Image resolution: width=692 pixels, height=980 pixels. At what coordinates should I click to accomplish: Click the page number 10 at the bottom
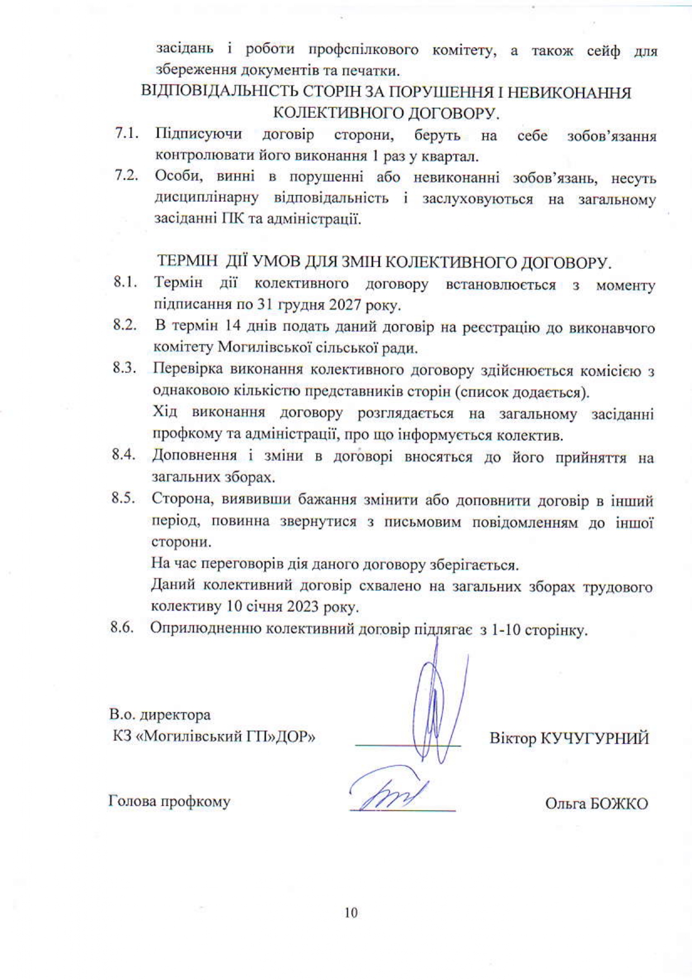pos(351,912)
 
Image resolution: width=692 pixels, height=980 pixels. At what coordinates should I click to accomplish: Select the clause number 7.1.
pos(126,134)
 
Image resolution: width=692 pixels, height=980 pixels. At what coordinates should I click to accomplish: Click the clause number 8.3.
pos(125,369)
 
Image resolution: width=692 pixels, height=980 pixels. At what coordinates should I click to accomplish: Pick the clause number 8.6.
pos(122,628)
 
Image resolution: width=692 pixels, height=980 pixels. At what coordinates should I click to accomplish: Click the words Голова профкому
pos(169,802)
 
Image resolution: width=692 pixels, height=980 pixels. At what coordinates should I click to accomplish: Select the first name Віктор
pos(512,738)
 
